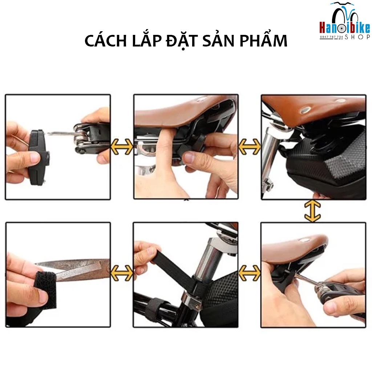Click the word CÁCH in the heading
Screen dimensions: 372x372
(x=106, y=41)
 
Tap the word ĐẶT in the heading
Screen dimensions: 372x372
(x=182, y=41)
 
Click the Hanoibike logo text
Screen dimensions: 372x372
(x=345, y=28)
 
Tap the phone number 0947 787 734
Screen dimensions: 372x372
(x=331, y=37)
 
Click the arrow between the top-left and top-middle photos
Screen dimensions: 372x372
(x=122, y=147)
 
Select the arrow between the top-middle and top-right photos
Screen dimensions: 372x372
(x=250, y=147)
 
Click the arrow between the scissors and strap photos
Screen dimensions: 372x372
(x=122, y=273)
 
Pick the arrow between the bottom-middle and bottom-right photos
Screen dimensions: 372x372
(x=250, y=273)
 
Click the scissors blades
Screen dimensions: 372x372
(x=73, y=270)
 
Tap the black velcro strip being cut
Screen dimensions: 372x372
(x=45, y=290)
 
